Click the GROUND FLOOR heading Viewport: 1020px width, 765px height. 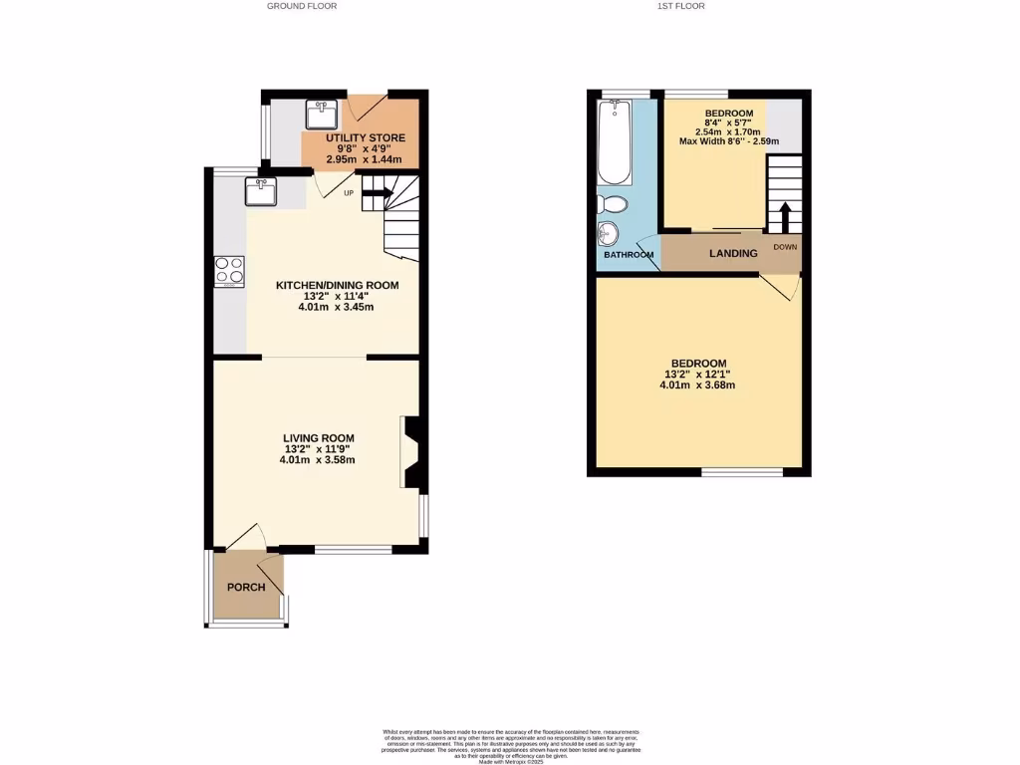tap(302, 6)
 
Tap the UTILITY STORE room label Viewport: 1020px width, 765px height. tap(366, 138)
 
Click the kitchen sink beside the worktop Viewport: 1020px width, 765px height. tap(261, 190)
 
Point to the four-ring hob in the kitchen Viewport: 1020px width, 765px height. tap(229, 271)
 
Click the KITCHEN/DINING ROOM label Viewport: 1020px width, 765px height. tap(337, 285)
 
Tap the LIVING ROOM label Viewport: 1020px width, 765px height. tap(318, 438)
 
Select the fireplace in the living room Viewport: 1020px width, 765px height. tap(410, 452)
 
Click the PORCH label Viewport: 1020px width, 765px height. tap(246, 587)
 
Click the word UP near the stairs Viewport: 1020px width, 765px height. tap(349, 193)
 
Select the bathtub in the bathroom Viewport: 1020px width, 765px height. tap(615, 142)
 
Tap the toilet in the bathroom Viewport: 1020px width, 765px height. tap(613, 204)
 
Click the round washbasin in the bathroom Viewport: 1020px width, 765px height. tap(608, 234)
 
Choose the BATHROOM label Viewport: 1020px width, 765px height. tap(628, 255)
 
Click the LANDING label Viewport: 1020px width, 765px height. tap(732, 253)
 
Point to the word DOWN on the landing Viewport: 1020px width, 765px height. tap(785, 246)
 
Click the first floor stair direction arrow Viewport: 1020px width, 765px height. tap(785, 216)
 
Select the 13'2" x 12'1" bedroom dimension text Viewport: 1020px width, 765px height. tap(697, 375)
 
